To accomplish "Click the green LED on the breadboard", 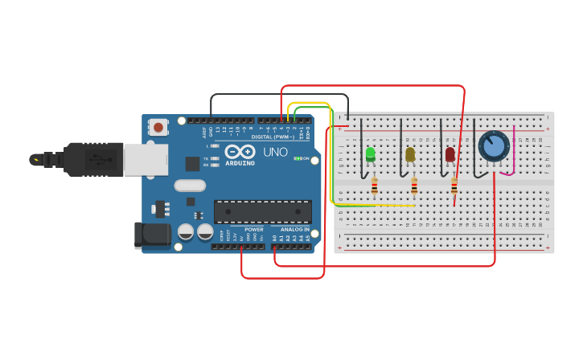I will pyautogui.click(x=370, y=153).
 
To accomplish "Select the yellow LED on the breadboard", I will pyautogui.click(x=410, y=153).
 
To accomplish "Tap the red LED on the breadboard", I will pyautogui.click(x=450, y=153).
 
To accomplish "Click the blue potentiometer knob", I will pyautogui.click(x=493, y=146).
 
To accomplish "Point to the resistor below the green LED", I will pyautogui.click(x=374, y=186).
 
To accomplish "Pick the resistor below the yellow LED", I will pyautogui.click(x=414, y=186).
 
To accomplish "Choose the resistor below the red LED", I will pyautogui.click(x=454, y=186).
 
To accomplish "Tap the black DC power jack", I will pyautogui.click(x=153, y=235).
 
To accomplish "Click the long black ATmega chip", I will pyautogui.click(x=262, y=211).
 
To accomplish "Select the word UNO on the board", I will pyautogui.click(x=275, y=152).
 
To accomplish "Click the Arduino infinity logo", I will pyautogui.click(x=240, y=151).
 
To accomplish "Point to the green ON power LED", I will pyautogui.click(x=298, y=158).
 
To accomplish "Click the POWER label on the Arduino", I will pyautogui.click(x=253, y=230).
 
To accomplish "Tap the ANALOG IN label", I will pyautogui.click(x=295, y=230).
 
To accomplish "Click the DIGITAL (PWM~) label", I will pyautogui.click(x=272, y=137).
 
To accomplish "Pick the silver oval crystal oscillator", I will pyautogui.click(x=190, y=186).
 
